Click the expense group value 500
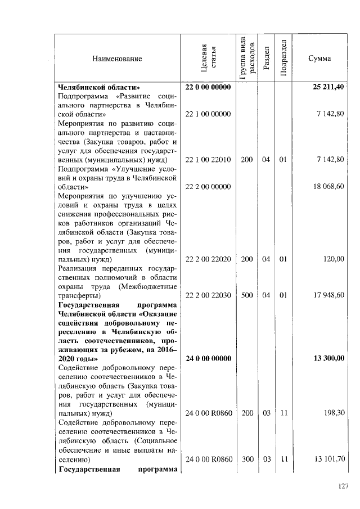[246, 295]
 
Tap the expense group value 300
[246, 458]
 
